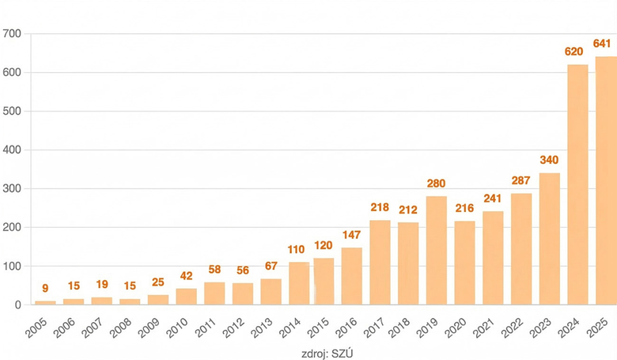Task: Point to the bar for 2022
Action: (521, 248)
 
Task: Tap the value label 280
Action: (436, 184)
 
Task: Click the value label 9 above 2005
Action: (45, 289)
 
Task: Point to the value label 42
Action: (186, 276)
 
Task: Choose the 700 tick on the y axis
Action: (12, 34)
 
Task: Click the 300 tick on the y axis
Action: (12, 189)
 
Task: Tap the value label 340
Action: (549, 161)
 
